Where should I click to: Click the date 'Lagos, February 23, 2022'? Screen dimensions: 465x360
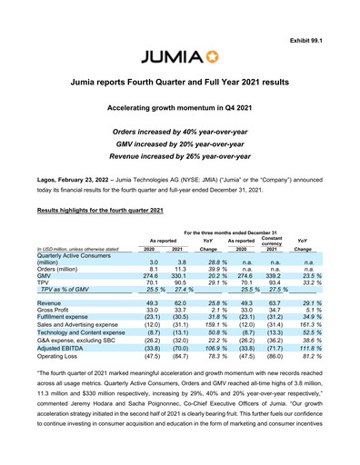(x=76, y=170)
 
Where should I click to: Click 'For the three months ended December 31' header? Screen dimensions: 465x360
(x=230, y=232)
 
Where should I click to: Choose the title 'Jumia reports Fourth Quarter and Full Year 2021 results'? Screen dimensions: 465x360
(x=180, y=84)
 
